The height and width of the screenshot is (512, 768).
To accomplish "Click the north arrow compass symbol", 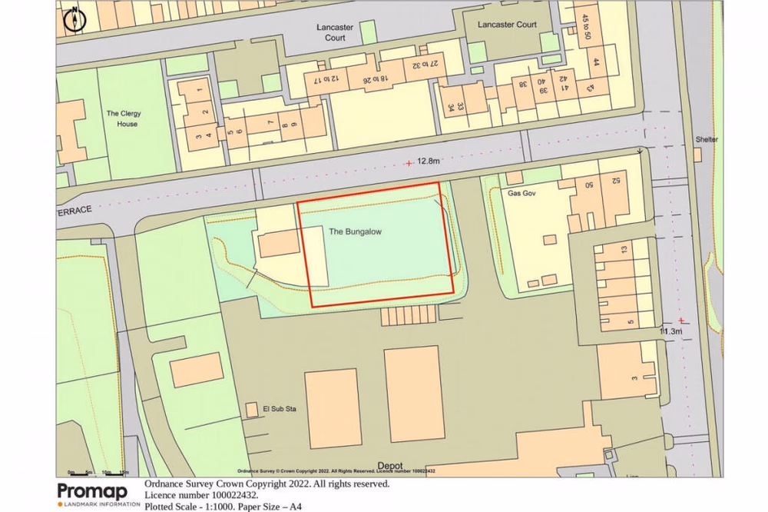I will click(74, 19).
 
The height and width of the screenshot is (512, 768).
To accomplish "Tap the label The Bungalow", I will click(355, 231).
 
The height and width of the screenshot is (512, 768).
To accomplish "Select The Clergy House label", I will click(123, 118).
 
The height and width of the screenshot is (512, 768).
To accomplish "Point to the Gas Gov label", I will click(521, 194).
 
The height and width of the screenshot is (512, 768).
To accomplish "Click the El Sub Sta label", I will click(280, 409).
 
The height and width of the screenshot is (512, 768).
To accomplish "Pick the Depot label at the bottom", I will click(390, 466).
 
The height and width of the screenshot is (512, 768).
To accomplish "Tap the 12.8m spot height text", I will click(429, 161).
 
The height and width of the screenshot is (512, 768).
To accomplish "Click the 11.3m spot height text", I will click(670, 331).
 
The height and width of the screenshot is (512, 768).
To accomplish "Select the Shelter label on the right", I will click(707, 139).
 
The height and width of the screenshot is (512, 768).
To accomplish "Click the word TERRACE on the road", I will click(74, 209).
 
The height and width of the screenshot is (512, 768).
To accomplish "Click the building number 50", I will click(590, 185).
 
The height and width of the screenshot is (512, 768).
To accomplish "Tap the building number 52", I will click(616, 181).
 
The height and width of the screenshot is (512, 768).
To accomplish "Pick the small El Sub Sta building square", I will click(251, 410).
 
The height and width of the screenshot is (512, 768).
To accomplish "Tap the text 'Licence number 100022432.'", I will click(201, 495).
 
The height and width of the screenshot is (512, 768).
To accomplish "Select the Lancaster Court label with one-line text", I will click(507, 25).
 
